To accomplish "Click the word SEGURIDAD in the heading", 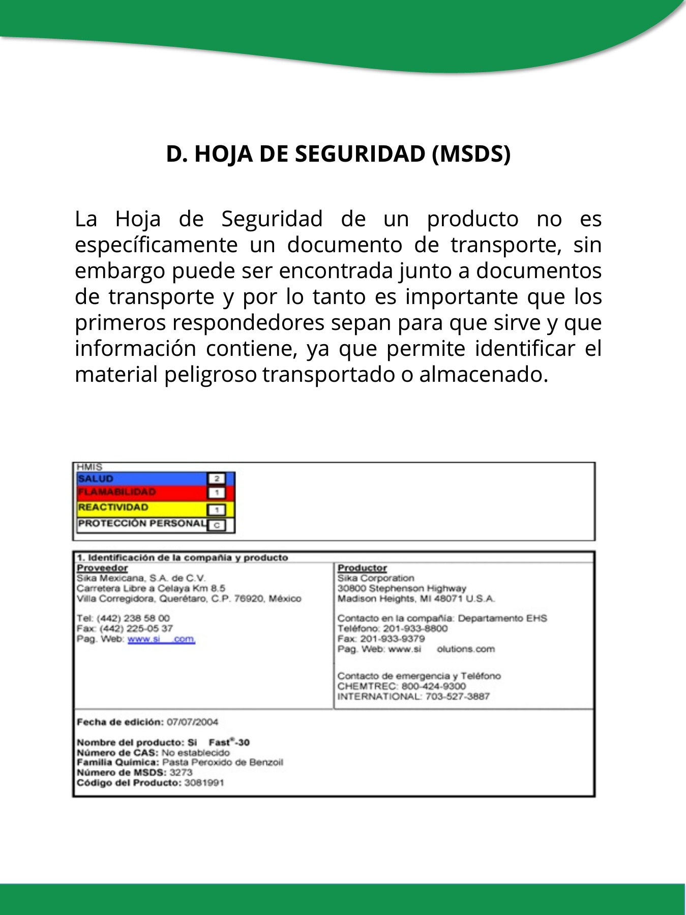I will (x=360, y=154).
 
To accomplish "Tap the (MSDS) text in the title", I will (x=471, y=154).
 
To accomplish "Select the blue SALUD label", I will (x=96, y=479).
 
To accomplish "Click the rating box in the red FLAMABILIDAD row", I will (x=217, y=493).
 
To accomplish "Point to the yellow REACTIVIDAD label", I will (x=113, y=507).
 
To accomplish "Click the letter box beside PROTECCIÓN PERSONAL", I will (x=217, y=525).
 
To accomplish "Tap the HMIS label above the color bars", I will (x=90, y=467).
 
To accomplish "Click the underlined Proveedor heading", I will (x=102, y=568).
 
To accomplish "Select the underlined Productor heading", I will (x=362, y=568).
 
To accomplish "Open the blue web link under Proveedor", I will (x=161, y=639).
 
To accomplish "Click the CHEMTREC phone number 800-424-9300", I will (x=433, y=686).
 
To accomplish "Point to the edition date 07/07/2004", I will (x=192, y=722).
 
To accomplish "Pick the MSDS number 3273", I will (x=181, y=773).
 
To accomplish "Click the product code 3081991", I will (x=204, y=783).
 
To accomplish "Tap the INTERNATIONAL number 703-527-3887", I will (x=457, y=696).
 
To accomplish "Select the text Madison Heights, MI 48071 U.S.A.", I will (x=416, y=598).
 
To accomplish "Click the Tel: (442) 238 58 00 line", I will (x=123, y=618).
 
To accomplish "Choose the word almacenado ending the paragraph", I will (x=483, y=375).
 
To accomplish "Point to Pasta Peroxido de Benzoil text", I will (x=222, y=762).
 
